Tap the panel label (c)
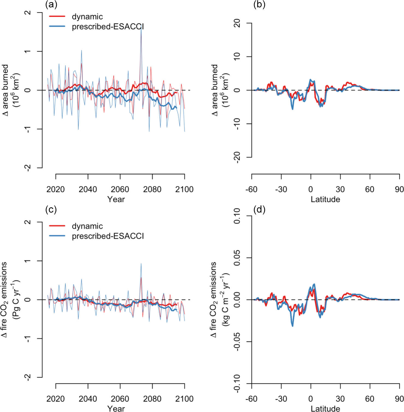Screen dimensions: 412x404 click(51, 210)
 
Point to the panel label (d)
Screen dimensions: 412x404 click(259, 210)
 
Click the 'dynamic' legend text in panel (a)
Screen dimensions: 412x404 click(87, 17)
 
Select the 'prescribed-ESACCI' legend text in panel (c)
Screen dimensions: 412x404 click(108, 236)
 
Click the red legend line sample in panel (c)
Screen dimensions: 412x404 click(57, 226)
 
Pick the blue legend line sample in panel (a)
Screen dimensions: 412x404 click(57, 27)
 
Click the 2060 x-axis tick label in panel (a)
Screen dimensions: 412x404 click(120, 189)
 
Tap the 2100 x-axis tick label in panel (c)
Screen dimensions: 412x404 click(184, 399)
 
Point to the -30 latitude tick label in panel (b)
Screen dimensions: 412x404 click(281, 189)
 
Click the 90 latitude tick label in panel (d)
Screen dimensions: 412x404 click(399, 399)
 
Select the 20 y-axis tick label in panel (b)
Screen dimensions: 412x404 click(237, 23)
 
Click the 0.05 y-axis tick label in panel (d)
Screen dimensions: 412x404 click(237, 258)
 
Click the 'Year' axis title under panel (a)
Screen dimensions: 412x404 click(116, 199)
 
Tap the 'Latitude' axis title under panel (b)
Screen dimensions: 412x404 click(325, 199)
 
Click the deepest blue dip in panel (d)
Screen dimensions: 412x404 click(292, 326)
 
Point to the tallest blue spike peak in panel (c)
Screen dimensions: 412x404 click(141, 264)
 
